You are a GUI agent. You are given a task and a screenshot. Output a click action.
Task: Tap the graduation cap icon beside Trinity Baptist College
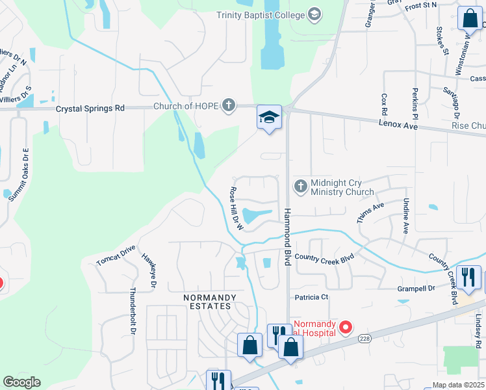point(314,14)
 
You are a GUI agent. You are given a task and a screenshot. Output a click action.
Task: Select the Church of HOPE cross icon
point(228,105)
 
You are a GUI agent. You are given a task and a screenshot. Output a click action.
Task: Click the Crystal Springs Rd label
point(90,109)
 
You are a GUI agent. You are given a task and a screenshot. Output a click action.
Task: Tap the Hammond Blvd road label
point(286,237)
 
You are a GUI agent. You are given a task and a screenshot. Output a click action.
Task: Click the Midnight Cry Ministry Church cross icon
point(300,187)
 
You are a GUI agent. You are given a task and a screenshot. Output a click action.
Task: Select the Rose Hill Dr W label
point(235,209)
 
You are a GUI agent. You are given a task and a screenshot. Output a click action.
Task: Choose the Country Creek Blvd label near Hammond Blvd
point(324,257)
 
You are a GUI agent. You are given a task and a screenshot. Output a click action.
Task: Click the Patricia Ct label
point(312,297)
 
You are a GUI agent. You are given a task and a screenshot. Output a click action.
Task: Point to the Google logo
point(22,382)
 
